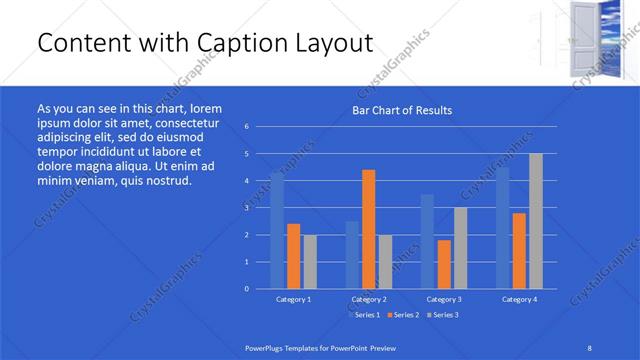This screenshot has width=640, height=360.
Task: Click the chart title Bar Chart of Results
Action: tap(402, 110)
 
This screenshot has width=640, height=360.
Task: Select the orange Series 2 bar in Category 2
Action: tap(368, 229)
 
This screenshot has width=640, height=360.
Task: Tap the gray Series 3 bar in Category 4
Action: tap(536, 221)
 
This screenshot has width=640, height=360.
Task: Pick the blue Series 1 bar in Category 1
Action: tap(277, 230)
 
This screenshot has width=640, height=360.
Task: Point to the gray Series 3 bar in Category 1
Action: tap(310, 261)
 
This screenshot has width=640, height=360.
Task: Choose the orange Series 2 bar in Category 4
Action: tap(519, 250)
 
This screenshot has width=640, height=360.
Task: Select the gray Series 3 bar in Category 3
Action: tap(460, 248)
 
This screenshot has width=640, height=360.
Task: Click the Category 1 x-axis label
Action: tap(293, 299)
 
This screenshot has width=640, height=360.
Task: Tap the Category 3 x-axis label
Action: tap(444, 299)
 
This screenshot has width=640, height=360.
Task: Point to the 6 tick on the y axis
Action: tap(247, 127)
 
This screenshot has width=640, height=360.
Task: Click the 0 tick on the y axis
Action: tap(247, 289)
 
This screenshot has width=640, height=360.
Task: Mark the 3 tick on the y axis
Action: tap(247, 208)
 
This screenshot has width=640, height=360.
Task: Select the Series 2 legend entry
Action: tap(404, 315)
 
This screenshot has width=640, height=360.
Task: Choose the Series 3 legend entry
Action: tap(445, 315)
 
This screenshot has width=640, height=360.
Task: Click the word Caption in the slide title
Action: tap(239, 44)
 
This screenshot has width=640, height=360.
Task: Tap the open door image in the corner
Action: tap(586, 40)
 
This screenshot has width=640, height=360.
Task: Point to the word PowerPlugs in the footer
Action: tap(266, 347)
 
